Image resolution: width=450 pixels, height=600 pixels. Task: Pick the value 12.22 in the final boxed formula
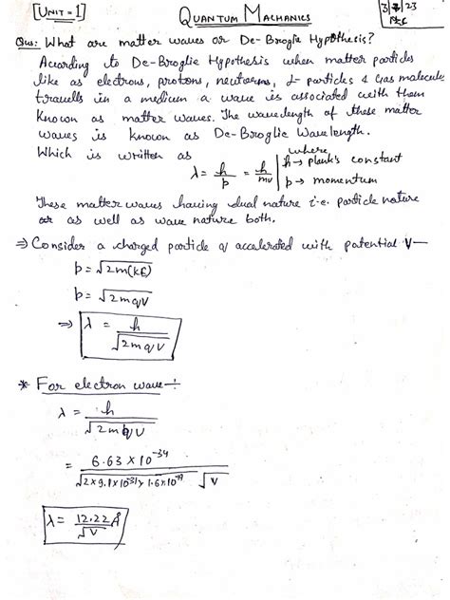pos(94,518)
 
